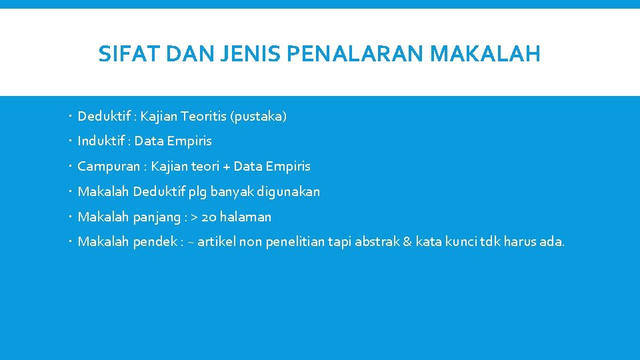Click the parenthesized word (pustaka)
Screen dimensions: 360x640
click(x=259, y=117)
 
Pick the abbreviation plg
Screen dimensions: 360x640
click(x=198, y=192)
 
